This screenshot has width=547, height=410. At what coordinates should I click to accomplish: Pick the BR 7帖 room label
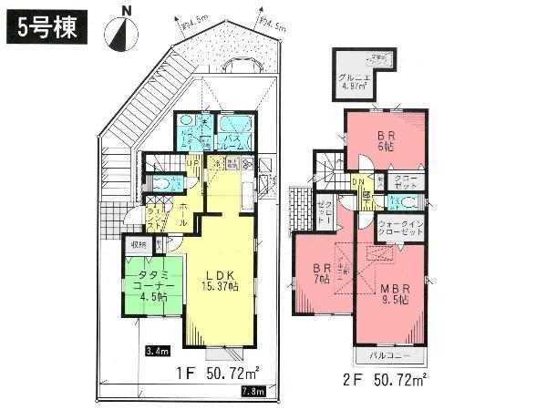coord(320,274)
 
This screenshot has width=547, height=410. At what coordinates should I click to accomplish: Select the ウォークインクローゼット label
coord(401,227)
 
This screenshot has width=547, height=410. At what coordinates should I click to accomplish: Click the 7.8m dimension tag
coord(253,392)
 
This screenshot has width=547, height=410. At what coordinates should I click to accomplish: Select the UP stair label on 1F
coord(193,163)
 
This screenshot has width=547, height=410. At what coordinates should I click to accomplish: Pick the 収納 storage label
coord(138,244)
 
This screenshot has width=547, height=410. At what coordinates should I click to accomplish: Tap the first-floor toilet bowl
coord(160,182)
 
